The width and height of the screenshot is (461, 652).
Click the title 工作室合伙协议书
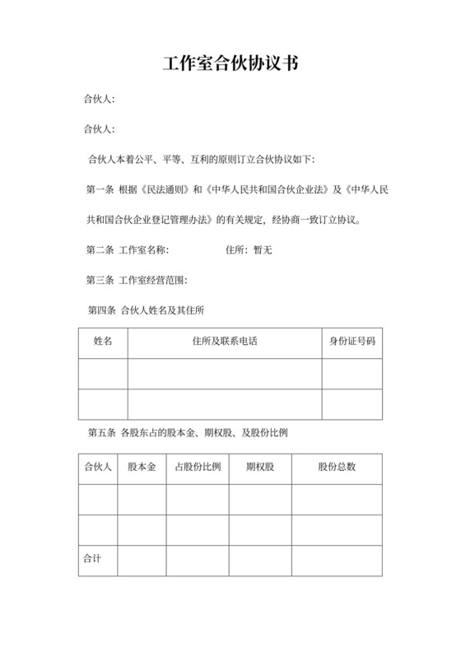pyautogui.click(x=230, y=64)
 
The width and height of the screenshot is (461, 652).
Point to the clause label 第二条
pyautogui.click(x=100, y=249)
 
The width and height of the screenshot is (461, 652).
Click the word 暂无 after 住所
pyautogui.click(x=263, y=249)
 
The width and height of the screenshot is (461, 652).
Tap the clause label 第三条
pyautogui.click(x=100, y=280)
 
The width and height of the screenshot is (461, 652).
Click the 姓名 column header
pyautogui.click(x=103, y=341)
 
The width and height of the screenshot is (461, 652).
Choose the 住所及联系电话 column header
pyautogui.click(x=224, y=341)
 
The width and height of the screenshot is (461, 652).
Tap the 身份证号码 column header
pyautogui.click(x=352, y=341)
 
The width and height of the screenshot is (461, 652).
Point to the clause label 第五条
pyautogui.click(x=100, y=432)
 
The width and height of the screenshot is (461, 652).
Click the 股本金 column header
pyautogui.click(x=142, y=467)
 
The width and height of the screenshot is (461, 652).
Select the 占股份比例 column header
pyautogui.click(x=198, y=467)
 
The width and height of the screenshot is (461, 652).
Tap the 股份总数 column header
pyautogui.click(x=337, y=467)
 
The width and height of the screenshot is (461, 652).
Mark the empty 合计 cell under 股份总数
pyautogui.click(x=337, y=560)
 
